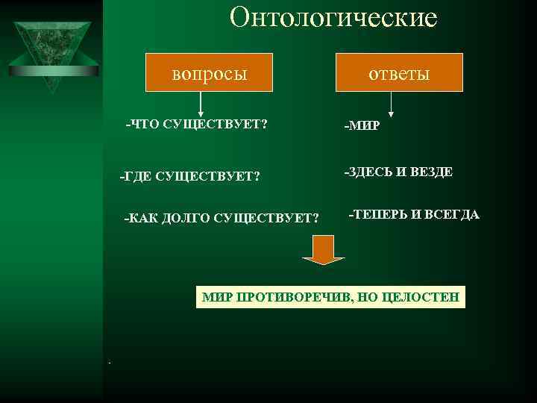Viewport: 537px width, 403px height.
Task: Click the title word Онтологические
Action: pos(333,18)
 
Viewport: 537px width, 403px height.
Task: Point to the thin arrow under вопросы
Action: pos(200,104)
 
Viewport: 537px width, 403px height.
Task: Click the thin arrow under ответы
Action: pos(392,104)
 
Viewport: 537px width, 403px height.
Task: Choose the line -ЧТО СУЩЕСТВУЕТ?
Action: pos(197,123)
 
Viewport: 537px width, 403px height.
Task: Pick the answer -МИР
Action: pos(361,125)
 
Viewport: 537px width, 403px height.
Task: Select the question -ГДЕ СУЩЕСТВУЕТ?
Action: pos(190,177)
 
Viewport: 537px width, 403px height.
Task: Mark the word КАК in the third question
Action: pos(140,218)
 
